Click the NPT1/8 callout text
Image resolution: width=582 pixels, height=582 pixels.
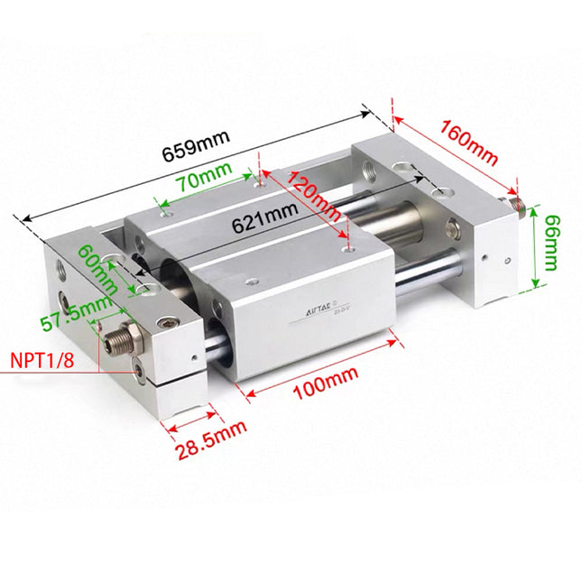click(x=42, y=361)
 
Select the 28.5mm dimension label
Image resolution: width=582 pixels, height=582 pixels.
click(x=210, y=439)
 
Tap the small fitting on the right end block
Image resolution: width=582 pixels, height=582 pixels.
click(x=515, y=203)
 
